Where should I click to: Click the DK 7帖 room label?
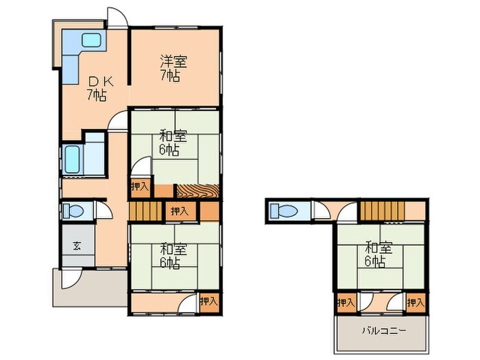click(97, 89)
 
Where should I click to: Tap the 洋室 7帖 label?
click(173, 69)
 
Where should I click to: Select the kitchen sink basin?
click(91, 40)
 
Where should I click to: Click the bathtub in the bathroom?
click(73, 159)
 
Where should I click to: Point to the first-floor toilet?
click(73, 211)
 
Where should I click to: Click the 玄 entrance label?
click(77, 245)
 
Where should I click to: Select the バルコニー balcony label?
click(385, 331)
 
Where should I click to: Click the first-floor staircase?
click(145, 211)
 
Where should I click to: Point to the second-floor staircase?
click(383, 211)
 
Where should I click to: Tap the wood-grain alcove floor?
click(198, 191)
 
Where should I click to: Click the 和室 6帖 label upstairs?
click(379, 254)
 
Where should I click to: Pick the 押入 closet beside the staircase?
click(180, 211)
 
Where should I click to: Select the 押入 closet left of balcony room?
click(346, 303)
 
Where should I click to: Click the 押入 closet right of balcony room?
click(416, 303)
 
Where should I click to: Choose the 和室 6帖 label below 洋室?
click(173, 143)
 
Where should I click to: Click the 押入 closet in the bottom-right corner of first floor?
click(209, 302)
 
